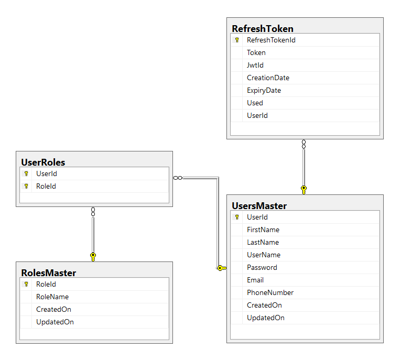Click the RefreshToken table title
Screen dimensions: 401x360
coord(263,29)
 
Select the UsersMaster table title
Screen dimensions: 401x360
coord(259,206)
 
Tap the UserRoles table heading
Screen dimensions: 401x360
coord(43,162)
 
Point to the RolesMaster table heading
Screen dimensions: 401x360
coord(49,273)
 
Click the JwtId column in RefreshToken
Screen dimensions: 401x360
coord(255,65)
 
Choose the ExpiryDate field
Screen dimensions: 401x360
coord(264,91)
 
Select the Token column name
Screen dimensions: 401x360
coord(256,53)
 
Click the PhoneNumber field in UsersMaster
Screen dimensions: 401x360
coord(270,292)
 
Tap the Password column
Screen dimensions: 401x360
coord(262,267)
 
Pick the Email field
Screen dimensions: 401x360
coord(255,280)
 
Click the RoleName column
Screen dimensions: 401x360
coord(52,297)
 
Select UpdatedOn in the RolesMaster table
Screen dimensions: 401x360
coord(55,322)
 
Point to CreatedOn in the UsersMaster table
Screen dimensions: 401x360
coord(264,305)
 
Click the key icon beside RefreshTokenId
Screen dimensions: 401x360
coord(237,40)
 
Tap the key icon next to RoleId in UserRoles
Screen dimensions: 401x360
coord(26,186)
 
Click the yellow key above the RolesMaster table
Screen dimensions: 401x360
coord(93,257)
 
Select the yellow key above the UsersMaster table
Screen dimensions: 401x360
coord(304,190)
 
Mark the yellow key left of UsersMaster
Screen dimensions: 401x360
coord(222,268)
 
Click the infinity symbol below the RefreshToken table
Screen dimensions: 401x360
coord(304,144)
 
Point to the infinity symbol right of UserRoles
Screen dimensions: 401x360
coord(178,178)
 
